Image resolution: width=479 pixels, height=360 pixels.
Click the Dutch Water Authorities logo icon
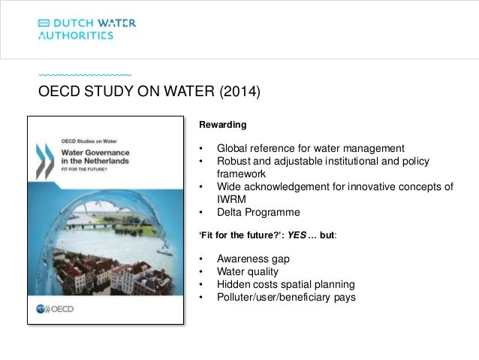coord(46,23)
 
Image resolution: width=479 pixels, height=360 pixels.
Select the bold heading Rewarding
coord(220,124)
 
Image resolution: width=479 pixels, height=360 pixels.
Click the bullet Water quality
coord(249,272)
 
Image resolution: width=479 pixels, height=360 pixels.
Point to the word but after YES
coord(326,235)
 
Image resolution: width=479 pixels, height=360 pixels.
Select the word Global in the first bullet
coord(233,147)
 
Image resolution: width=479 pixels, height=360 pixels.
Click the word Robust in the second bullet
coord(234,161)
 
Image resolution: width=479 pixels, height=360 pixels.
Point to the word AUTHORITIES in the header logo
coord(76,35)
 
